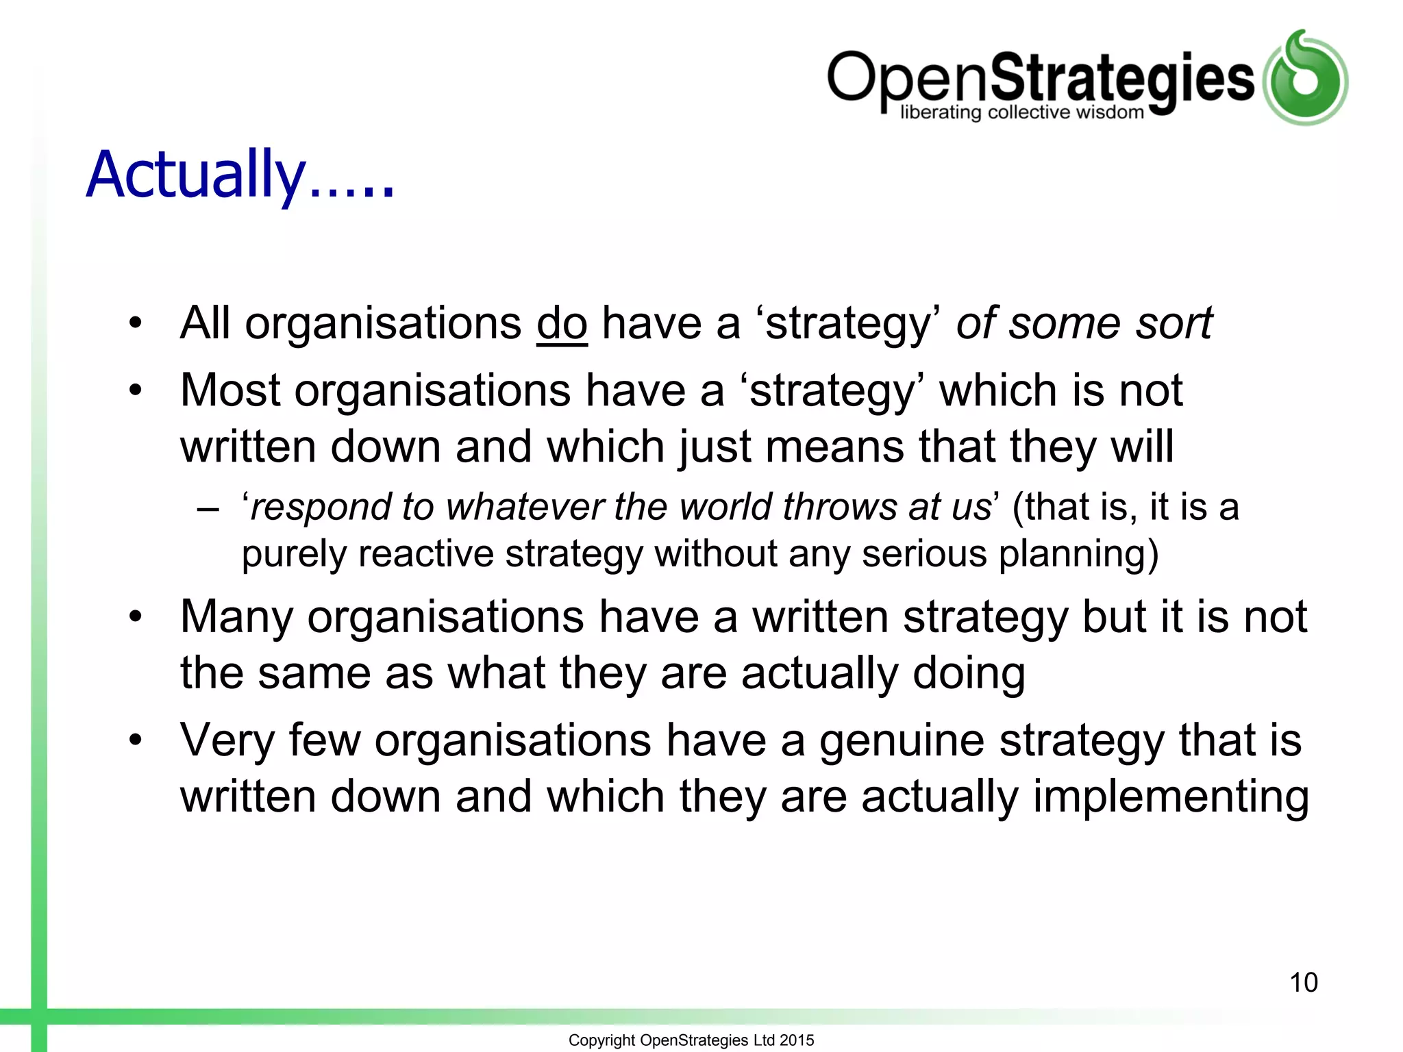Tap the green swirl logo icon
tap(1305, 78)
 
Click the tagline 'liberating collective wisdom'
tap(1021, 112)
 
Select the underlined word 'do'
tap(562, 323)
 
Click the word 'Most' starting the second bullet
tap(230, 390)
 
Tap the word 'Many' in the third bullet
tap(236, 617)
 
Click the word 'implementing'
tap(1171, 798)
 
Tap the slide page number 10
tap(1304, 982)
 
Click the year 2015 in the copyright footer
tap(797, 1040)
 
